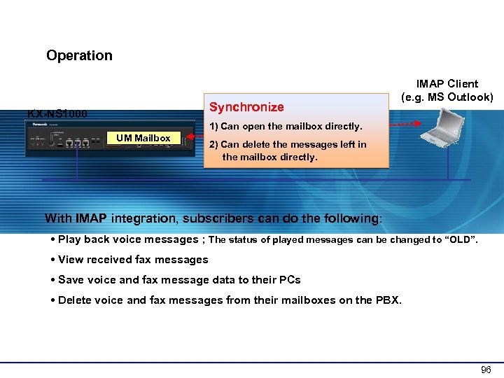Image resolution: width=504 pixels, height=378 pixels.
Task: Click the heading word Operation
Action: [x=79, y=55]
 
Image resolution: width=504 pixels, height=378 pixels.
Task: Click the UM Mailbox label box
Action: [x=143, y=139]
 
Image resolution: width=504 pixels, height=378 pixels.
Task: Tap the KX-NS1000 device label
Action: [x=57, y=113]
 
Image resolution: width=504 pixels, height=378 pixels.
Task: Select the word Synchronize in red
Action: [x=246, y=107]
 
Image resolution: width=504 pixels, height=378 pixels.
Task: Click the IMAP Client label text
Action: [x=447, y=84]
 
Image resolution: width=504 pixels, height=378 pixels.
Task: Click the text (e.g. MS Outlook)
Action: [x=447, y=97]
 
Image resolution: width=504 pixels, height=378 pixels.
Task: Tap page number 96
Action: [x=486, y=370]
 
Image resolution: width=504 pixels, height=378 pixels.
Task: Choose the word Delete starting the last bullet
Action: [x=75, y=300]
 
